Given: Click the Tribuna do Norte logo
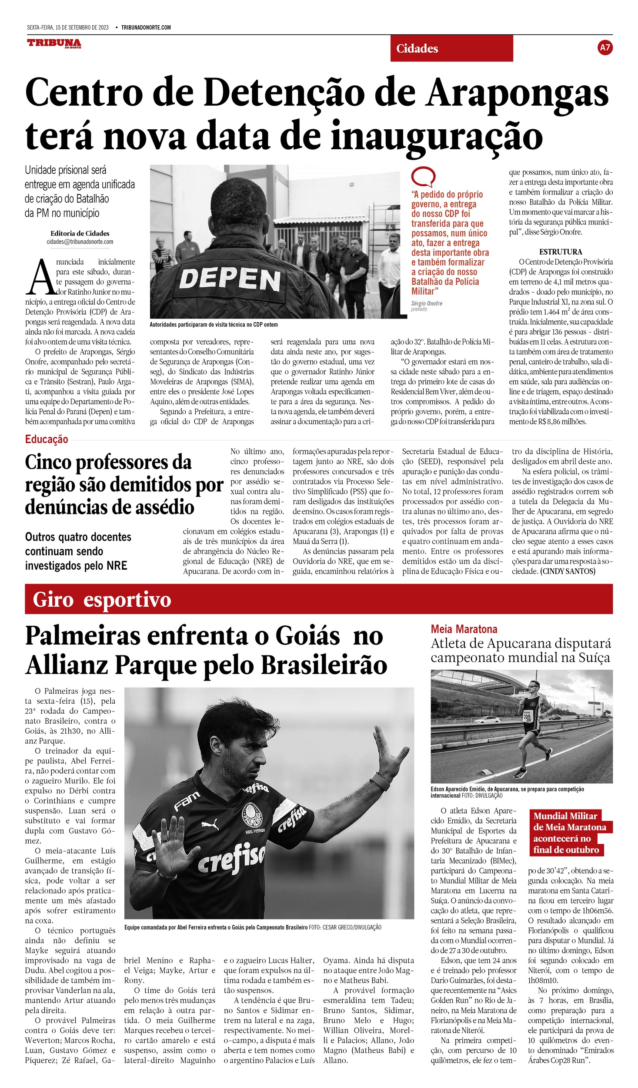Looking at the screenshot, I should click(54, 43).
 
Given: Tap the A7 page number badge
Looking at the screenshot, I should click(605, 47).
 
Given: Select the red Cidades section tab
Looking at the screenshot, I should click(451, 48).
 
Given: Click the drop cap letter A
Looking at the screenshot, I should click(40, 277).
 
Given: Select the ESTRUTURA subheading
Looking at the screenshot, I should click(561, 252).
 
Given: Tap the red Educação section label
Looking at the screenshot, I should click(47, 439).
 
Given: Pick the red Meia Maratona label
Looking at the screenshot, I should click(464, 629).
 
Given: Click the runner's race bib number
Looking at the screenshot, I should click(527, 716).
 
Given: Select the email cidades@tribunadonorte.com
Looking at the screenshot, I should click(80, 242).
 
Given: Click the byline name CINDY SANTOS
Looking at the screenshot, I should click(568, 571).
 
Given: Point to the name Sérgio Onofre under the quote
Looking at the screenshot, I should click(427, 303).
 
